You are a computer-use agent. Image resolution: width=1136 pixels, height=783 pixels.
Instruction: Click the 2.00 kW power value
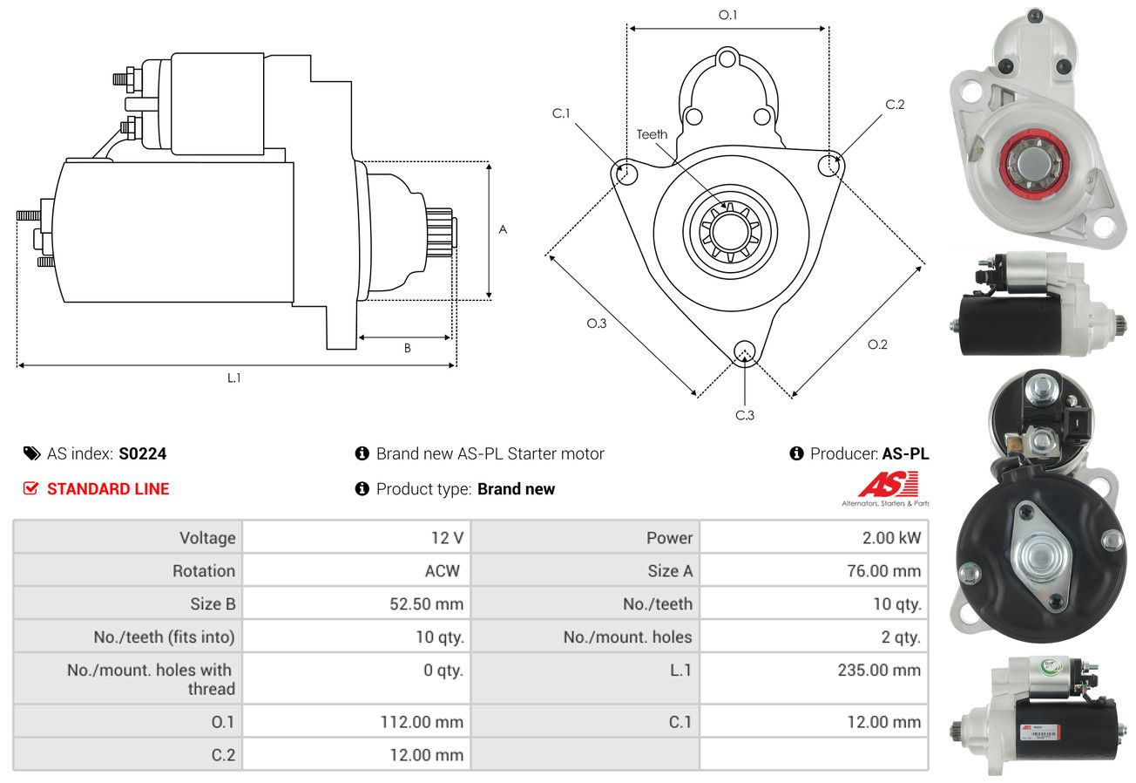pos(891,537)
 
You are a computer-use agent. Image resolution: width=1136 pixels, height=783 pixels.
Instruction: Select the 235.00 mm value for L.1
pos(879,670)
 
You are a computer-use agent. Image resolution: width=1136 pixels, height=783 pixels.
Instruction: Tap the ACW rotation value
pos(443,571)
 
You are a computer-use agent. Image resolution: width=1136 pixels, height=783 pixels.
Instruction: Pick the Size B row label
pos(213,604)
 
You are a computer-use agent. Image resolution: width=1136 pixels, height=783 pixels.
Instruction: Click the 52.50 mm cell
pos(427,604)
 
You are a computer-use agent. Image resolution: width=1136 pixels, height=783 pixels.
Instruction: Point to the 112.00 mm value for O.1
pos(422,722)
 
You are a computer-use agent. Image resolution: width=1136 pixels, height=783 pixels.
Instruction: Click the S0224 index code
pos(143,453)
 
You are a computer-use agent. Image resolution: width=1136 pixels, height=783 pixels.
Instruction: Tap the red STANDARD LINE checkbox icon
pos(31,488)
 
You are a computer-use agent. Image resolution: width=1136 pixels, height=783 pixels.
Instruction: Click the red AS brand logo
pos(888,485)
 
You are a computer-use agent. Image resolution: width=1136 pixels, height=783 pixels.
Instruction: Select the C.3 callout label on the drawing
pos(745,415)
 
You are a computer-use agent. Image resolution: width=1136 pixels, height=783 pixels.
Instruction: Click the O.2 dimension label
pos(877,344)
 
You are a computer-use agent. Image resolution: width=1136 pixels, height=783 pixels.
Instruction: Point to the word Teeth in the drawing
pos(652,134)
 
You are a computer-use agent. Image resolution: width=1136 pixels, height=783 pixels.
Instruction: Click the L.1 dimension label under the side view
pos(233,378)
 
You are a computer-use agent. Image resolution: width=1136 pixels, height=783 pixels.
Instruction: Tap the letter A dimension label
pos(503,229)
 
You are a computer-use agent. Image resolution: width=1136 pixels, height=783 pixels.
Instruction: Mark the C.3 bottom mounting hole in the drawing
pos(745,351)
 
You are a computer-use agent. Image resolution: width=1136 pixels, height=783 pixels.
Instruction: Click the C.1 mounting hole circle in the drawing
pos(625,172)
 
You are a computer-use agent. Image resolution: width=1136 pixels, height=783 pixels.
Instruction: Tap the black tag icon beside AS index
pos(32,453)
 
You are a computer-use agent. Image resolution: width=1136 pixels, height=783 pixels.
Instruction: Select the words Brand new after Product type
pos(516,488)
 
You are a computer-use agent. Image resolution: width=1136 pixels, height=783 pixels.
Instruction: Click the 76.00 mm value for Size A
pos(883,571)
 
